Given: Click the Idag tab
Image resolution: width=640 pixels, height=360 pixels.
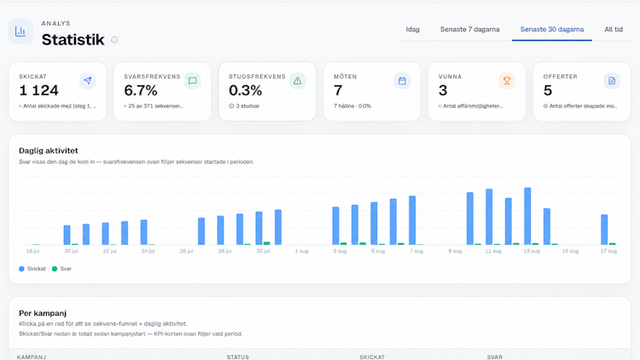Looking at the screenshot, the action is [413, 29].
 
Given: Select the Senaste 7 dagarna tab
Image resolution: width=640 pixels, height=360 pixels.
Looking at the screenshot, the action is [470, 29].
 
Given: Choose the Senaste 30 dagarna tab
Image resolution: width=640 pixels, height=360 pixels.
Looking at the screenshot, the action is [552, 29].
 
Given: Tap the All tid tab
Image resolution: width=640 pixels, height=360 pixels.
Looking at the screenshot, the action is [614, 29].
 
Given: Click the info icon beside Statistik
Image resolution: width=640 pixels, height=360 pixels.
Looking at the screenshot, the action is [114, 39].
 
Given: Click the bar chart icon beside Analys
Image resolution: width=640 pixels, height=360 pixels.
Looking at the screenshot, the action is [20, 31].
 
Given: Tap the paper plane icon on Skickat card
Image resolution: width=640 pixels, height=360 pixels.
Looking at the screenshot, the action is [88, 81].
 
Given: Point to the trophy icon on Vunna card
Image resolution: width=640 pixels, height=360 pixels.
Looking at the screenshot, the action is [507, 81].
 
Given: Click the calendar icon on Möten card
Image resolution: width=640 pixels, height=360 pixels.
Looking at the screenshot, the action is [402, 81].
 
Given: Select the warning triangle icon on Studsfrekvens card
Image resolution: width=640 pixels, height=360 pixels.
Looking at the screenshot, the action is [298, 81].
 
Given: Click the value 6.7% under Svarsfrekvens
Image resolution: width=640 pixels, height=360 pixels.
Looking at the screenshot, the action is [141, 90].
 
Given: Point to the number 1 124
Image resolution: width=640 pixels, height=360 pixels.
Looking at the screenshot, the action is [38, 90].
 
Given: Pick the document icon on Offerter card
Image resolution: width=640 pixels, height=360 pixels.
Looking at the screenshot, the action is [612, 81].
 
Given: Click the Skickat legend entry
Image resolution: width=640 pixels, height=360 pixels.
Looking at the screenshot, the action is [32, 269].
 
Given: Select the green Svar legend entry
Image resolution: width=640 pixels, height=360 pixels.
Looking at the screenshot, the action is [61, 269].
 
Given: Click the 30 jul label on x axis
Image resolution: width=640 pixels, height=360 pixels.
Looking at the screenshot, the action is [264, 251].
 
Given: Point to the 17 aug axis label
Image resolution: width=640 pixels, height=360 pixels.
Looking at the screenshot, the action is [608, 251].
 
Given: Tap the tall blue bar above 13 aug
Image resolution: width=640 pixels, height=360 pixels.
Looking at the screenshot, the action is [527, 217].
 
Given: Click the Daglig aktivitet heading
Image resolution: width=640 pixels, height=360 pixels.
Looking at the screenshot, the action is [49, 151].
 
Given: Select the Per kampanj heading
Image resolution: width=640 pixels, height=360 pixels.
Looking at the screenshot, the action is [43, 313].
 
